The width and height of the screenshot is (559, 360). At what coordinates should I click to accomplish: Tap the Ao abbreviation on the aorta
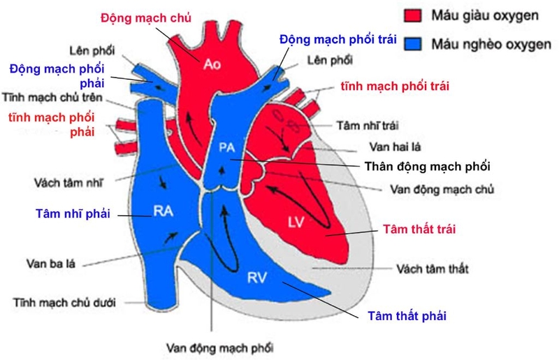212,64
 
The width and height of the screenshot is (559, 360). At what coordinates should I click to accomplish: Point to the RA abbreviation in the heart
163,211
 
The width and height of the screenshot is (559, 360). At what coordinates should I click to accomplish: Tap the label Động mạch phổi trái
338,39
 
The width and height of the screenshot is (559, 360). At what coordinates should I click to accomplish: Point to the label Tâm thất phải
407,315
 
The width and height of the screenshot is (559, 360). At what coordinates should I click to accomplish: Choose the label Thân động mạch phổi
428,167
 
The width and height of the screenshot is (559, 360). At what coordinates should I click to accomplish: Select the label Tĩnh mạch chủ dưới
64,303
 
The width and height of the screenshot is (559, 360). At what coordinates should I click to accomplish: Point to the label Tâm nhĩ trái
366,127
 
